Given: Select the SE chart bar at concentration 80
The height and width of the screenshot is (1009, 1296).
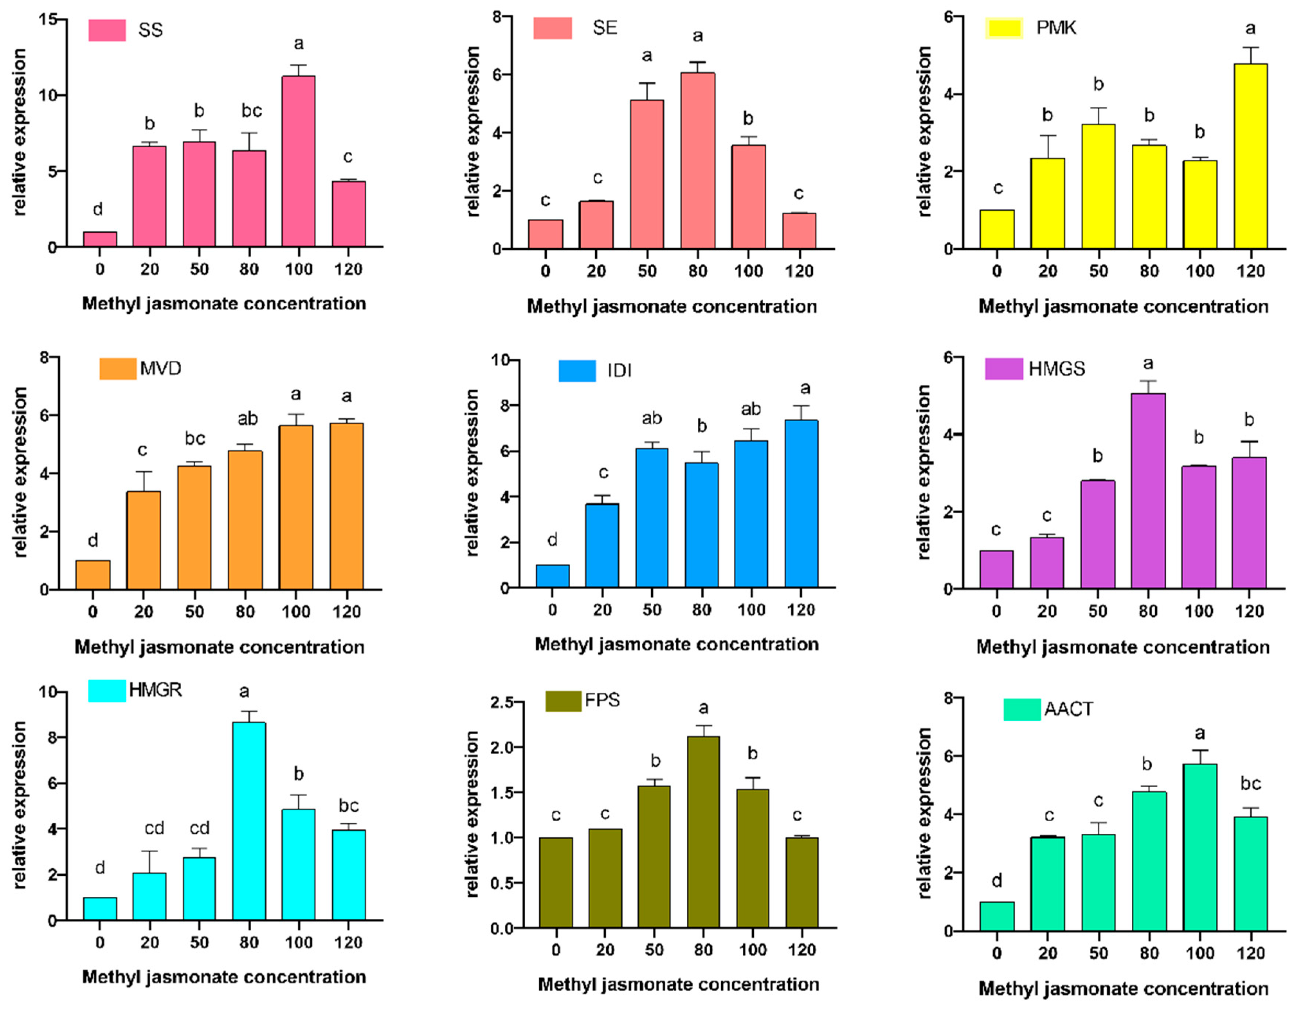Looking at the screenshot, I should point(698,161).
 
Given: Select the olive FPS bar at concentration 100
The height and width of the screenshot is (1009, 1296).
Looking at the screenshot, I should point(753,858).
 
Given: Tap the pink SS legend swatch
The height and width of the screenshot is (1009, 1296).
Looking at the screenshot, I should point(108,30).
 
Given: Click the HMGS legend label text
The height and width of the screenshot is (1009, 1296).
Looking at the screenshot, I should point(1057,369).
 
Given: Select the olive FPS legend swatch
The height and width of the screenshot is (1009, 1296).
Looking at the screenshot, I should point(563,701).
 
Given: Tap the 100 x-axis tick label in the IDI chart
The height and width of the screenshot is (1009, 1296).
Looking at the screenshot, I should point(751,610).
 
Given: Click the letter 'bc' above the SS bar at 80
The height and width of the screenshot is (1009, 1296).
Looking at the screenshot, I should point(252,111).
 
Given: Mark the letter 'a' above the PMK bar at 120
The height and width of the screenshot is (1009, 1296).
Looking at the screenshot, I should point(1250,28).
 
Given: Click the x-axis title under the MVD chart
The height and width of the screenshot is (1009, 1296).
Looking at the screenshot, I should point(220,647).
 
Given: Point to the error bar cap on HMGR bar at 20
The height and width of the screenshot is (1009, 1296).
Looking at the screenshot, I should point(150,851).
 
